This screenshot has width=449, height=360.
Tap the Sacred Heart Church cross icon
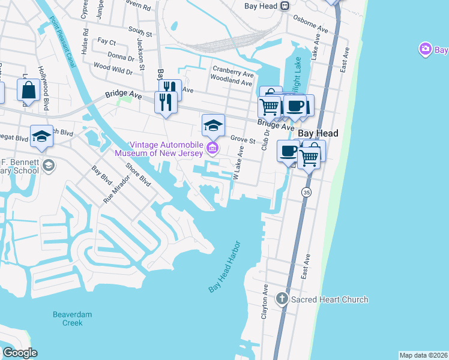coord(282,299)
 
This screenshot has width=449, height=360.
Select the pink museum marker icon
coord(211,148)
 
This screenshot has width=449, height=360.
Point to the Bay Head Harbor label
coord(224,267)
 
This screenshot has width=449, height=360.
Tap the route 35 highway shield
coord(306,192)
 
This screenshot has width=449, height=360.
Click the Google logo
coord(20,352)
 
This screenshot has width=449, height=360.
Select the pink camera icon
coord(425,49)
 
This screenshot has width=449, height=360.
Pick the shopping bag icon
coord(28,91)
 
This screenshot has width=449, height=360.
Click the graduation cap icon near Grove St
coord(213,125)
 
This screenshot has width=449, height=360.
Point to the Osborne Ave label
coord(310,29)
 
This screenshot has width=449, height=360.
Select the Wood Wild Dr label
coord(113,68)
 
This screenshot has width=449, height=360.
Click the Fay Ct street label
coord(106,42)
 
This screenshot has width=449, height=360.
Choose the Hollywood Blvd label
coord(44,88)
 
